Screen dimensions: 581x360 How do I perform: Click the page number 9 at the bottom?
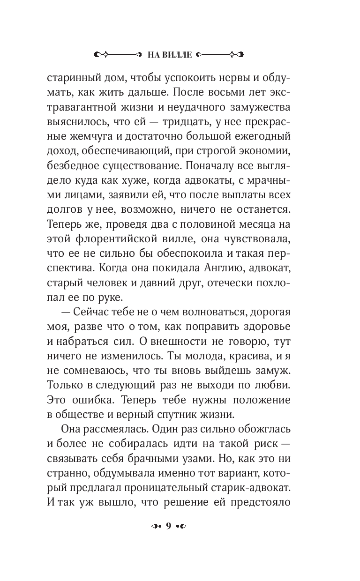click(167, 526)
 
